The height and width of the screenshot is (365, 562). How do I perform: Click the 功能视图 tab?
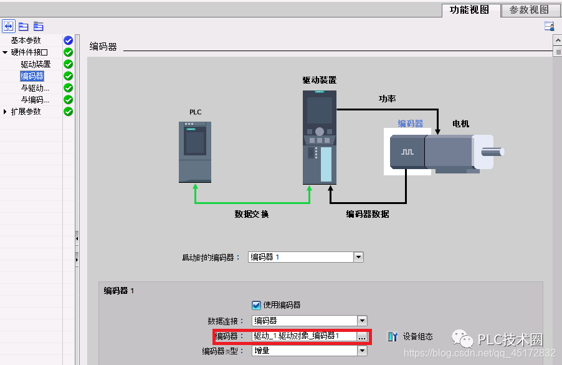click(x=470, y=9)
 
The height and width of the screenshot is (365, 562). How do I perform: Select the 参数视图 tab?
click(x=530, y=9)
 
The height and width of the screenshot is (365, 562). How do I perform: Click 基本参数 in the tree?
click(x=26, y=41)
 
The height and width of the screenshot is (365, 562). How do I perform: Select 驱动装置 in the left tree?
click(x=36, y=64)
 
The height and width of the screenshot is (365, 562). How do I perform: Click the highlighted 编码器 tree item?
click(x=32, y=76)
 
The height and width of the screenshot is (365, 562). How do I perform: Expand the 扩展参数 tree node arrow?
click(x=6, y=112)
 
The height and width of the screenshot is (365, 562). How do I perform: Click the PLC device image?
click(x=194, y=152)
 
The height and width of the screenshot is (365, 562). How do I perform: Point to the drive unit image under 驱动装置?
click(x=319, y=137)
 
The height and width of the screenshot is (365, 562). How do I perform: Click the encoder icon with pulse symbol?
click(x=407, y=152)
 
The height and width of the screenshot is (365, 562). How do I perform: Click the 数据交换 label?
click(x=251, y=214)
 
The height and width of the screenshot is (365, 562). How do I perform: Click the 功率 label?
click(x=388, y=99)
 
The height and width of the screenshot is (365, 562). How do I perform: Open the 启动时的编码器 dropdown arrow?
click(x=358, y=257)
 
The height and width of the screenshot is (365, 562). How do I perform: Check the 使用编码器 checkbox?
click(x=256, y=305)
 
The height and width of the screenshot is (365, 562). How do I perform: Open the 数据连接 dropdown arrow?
click(x=362, y=321)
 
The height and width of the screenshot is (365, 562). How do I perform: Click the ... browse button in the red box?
click(x=362, y=336)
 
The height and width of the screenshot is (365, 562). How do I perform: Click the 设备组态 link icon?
click(x=393, y=336)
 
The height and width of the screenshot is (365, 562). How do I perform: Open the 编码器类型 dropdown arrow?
click(x=362, y=351)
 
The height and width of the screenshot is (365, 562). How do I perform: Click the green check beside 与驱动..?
click(x=68, y=88)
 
